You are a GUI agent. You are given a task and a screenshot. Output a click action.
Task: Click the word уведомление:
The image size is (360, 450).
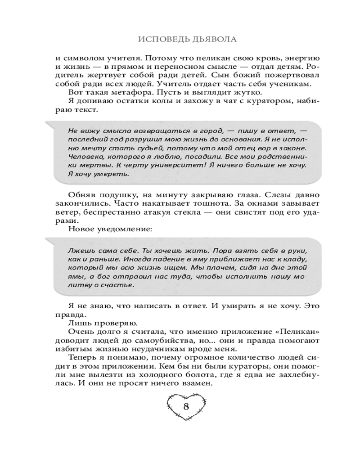pos(126,229)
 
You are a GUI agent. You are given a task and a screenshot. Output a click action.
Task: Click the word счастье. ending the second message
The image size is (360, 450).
pos(117,285)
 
